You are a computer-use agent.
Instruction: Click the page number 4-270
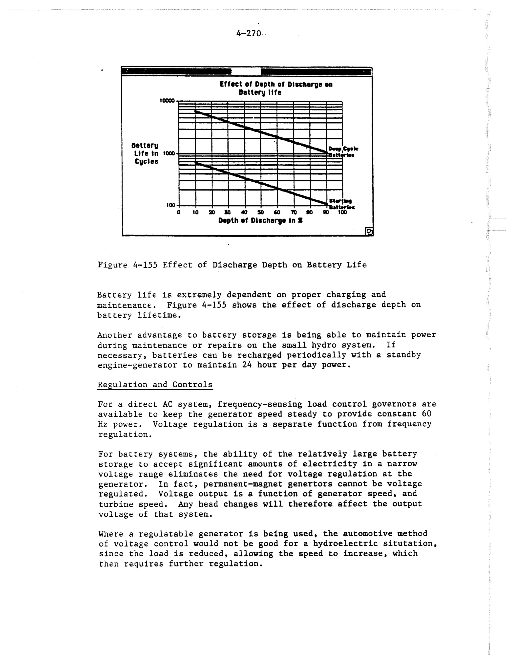(x=249, y=34)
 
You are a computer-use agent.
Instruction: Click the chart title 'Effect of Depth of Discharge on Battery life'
(x=276, y=88)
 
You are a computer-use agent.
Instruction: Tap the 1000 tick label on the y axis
(x=169, y=153)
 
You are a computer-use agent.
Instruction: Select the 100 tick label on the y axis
(x=171, y=205)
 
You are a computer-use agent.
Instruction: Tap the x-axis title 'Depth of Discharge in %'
(x=260, y=221)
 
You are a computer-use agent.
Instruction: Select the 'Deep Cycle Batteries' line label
(x=343, y=152)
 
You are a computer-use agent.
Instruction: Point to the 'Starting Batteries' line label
(x=341, y=204)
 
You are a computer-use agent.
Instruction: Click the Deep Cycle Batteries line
(x=261, y=132)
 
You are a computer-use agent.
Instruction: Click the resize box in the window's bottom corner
(x=369, y=231)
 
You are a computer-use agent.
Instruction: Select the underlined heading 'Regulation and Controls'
(x=155, y=385)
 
